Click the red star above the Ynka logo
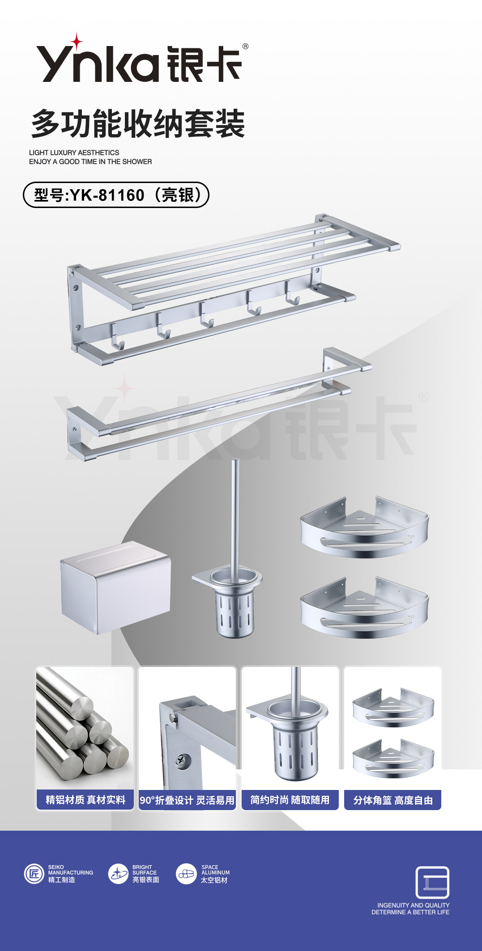coord(77,42)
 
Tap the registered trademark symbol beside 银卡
coord(245,46)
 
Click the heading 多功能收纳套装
coord(138,123)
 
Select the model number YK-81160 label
coord(116,195)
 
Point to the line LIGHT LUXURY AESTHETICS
coord(74,153)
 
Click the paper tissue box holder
coord(115,587)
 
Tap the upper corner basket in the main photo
coord(364,528)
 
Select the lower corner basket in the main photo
coord(364,607)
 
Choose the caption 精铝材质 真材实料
coord(85,799)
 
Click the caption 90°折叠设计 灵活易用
coord(187,800)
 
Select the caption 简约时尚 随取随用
coord(290,799)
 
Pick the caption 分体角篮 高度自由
coord(393,800)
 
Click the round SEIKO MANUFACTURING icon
coord(34,874)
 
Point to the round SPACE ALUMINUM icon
coord(187,874)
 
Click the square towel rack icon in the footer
coord(432,882)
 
